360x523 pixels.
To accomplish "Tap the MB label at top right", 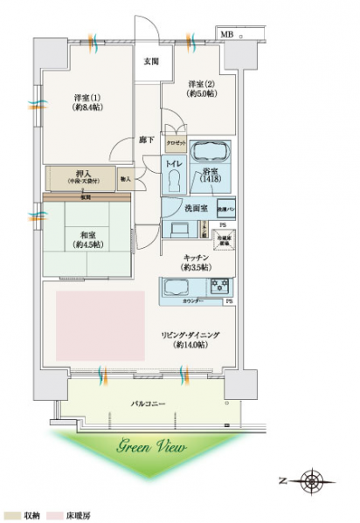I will click(226, 34).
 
